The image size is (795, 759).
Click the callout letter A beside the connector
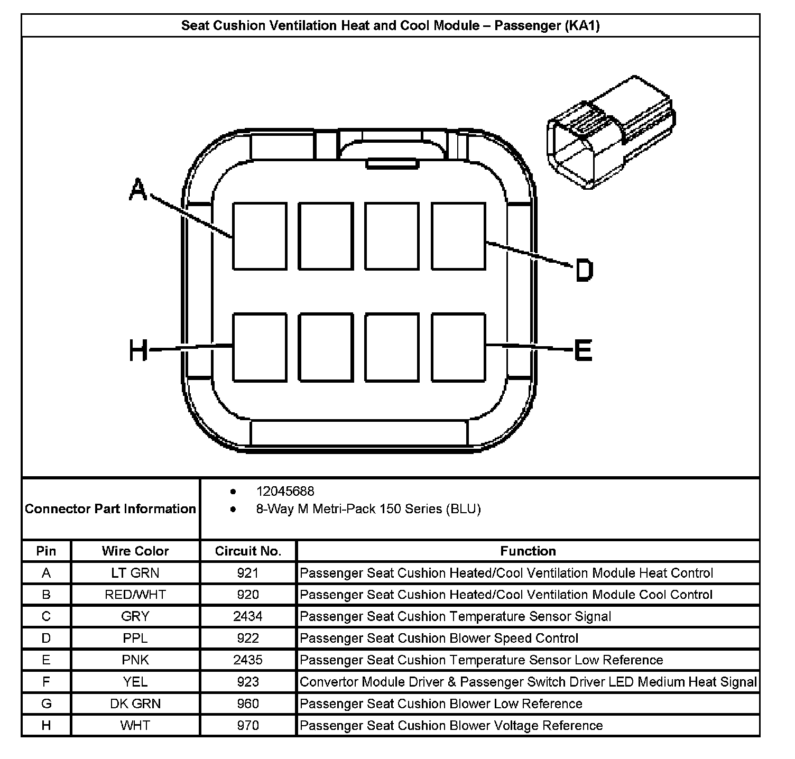point(138,190)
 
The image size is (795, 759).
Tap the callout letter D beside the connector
point(584,270)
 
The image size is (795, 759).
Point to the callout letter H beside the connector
point(138,350)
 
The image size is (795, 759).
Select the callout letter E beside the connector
point(583,349)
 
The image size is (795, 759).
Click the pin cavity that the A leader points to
point(260,236)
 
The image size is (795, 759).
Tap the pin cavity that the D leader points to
point(458,236)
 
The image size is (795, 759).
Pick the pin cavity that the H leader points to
point(260,347)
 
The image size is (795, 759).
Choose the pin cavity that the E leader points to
point(458,347)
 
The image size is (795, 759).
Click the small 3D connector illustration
point(611,132)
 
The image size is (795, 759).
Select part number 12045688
point(285,492)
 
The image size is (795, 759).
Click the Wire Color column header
point(135,551)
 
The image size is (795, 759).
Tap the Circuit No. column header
point(248,551)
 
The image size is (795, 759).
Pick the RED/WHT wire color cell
point(135,595)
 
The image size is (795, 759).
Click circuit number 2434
point(248,616)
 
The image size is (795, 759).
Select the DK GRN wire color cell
point(135,704)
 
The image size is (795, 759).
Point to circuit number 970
point(248,725)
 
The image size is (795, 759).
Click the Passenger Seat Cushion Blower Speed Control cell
point(439,638)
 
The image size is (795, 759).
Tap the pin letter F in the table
point(46,682)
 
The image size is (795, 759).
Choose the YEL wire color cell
point(135,682)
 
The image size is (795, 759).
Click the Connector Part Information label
point(110,509)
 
